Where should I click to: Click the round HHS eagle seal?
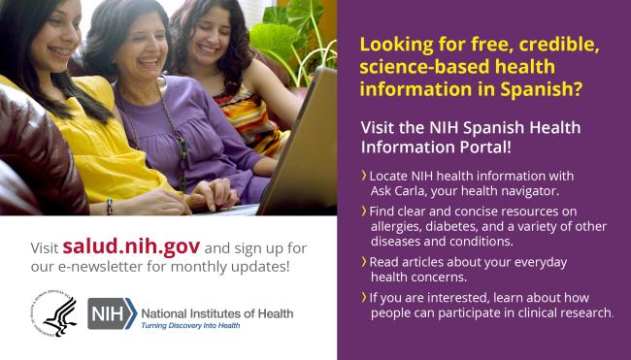pos(54,315)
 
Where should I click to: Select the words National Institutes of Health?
pos(217,312)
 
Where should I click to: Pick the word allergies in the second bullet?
pos(397,225)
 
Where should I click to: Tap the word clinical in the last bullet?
pos(544,312)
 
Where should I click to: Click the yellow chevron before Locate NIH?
pos(363,175)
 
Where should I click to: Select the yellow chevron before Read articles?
pos(363,262)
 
